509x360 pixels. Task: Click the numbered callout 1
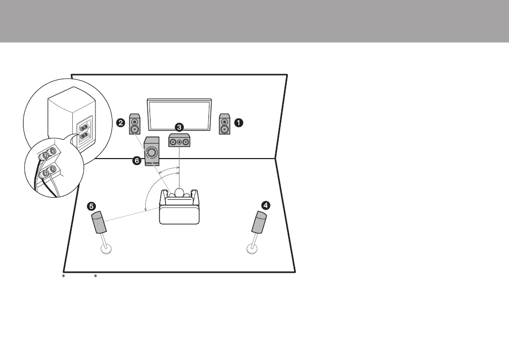pos(238,123)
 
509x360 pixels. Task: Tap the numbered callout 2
pos(121,123)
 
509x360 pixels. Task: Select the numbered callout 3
pos(179,127)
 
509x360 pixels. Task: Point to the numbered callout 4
pos(266,206)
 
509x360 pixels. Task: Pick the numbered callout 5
pos(91,206)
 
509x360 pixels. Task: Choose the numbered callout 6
pos(137,160)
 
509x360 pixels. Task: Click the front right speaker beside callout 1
pos(224,124)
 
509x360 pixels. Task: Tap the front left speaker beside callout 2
pos(134,124)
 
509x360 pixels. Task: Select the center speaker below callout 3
pos(179,140)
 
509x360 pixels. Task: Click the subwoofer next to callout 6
pos(152,151)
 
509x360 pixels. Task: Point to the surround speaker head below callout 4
pos(259,222)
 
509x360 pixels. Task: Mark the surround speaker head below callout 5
pos(99,222)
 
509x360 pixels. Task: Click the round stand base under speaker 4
pos(252,249)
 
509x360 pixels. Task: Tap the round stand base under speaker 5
pos(107,249)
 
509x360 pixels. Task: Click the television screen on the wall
pos(179,115)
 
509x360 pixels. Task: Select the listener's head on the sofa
pos(179,192)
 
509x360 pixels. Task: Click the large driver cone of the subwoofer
pos(152,152)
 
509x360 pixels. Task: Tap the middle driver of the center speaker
pos(179,142)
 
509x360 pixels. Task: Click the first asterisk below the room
pos(64,276)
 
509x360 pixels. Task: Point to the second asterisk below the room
pos(95,276)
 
